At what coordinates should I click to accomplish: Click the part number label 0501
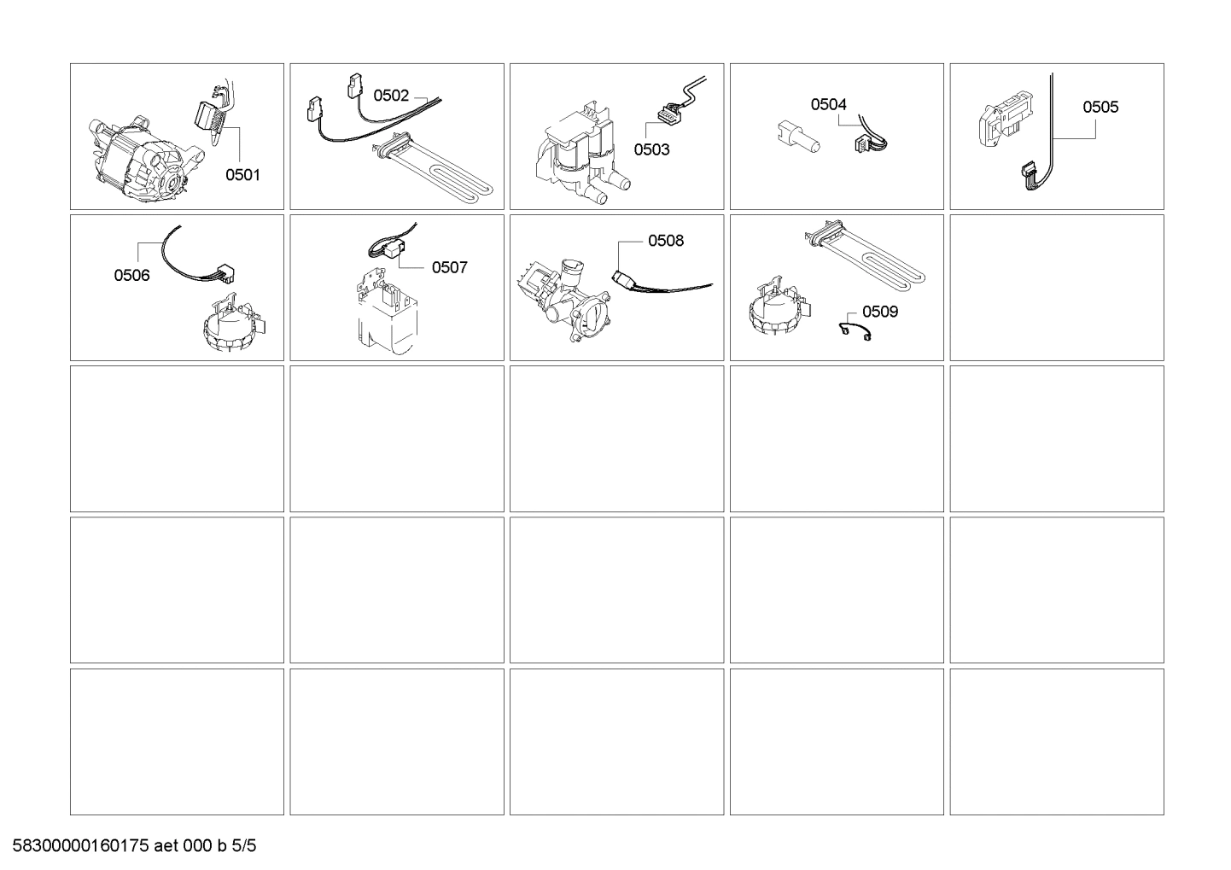click(x=242, y=175)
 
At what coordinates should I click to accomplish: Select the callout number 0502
click(x=391, y=96)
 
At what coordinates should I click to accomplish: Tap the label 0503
click(x=651, y=149)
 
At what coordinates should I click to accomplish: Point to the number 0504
click(x=828, y=104)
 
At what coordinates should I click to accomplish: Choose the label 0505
click(x=1100, y=107)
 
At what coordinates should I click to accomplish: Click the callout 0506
click(x=131, y=275)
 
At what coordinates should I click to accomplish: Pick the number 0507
click(x=449, y=267)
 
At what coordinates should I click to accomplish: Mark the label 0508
click(x=666, y=241)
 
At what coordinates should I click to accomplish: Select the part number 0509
click(x=880, y=312)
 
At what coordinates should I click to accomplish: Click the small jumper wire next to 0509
click(x=855, y=331)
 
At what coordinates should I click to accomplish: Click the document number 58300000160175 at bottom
click(x=81, y=846)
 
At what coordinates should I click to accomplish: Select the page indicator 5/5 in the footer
click(x=244, y=846)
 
